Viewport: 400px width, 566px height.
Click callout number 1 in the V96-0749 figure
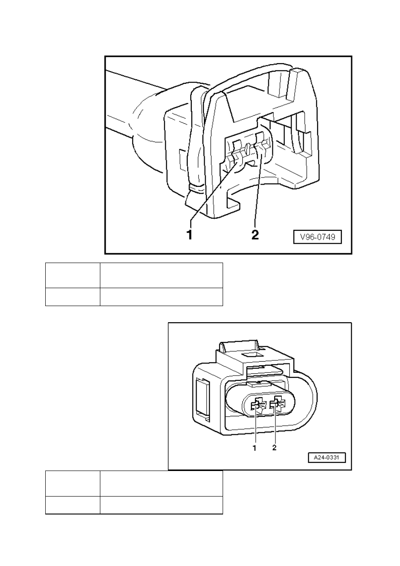pyautogui.click(x=190, y=234)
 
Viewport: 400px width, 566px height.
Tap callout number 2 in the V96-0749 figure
pyautogui.click(x=254, y=234)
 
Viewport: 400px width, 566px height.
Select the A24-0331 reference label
pyautogui.click(x=327, y=458)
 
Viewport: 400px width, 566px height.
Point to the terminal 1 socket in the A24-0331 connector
pyautogui.click(x=256, y=406)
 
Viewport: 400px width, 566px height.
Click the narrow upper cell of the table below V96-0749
pyautogui.click(x=73, y=275)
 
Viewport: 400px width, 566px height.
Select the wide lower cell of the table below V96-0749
pyautogui.click(x=161, y=297)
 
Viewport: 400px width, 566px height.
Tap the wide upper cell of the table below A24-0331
pyautogui.click(x=161, y=483)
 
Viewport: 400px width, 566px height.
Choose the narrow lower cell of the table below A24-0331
pyautogui.click(x=73, y=505)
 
